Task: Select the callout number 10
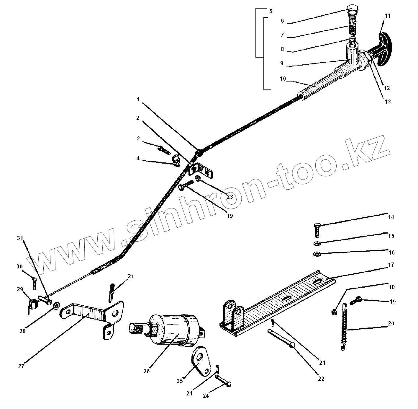pos(283,79)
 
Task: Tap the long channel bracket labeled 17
pos(283,301)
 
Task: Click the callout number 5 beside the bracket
pos(271,11)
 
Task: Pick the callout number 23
pos(230,196)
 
